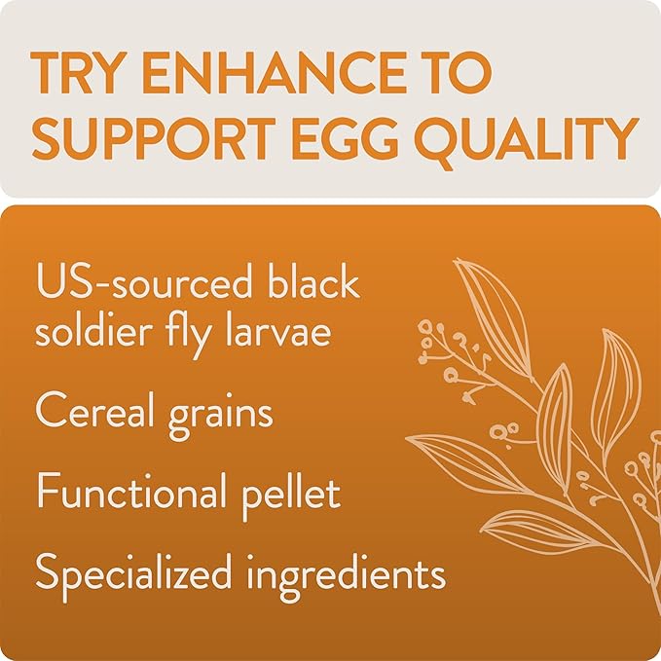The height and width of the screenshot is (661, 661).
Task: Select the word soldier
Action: point(92,331)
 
